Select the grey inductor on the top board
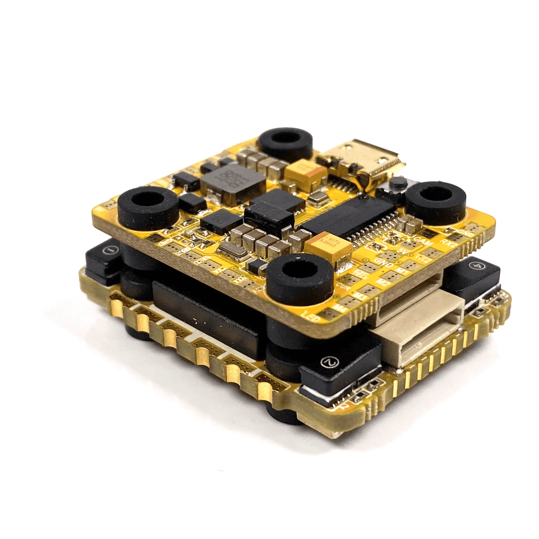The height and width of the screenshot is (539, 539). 233,182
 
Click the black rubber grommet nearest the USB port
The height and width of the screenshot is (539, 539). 435,202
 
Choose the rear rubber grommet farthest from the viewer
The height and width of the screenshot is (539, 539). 285,144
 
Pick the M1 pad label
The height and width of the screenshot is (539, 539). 399,270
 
